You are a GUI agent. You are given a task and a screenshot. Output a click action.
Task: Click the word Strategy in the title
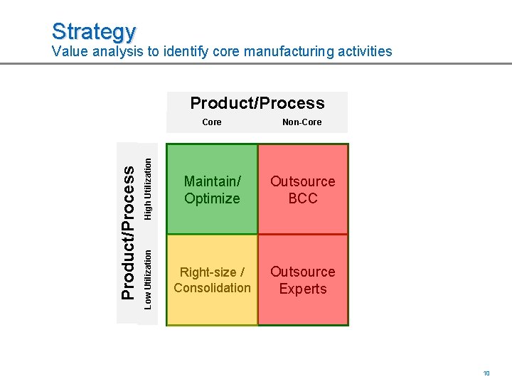coord(93,31)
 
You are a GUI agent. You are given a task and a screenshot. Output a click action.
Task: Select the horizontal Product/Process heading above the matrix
coord(257,103)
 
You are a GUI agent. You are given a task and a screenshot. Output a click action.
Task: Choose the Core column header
coord(212,122)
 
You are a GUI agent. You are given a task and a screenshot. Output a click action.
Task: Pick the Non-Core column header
coord(302,122)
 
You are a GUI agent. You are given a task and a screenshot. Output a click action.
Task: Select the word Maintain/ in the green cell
coord(211,181)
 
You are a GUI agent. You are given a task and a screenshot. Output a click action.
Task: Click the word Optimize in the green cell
coord(212,198)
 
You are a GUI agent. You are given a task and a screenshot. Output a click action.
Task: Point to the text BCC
coord(303,198)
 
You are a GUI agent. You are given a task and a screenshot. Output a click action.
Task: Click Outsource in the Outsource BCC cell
coord(303,181)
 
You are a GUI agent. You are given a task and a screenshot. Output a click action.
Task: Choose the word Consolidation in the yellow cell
coord(212,288)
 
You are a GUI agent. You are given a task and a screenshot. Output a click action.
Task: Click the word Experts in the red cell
coord(303,289)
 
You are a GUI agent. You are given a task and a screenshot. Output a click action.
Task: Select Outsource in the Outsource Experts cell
coord(303,272)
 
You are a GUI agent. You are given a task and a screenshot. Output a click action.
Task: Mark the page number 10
coord(486,373)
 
